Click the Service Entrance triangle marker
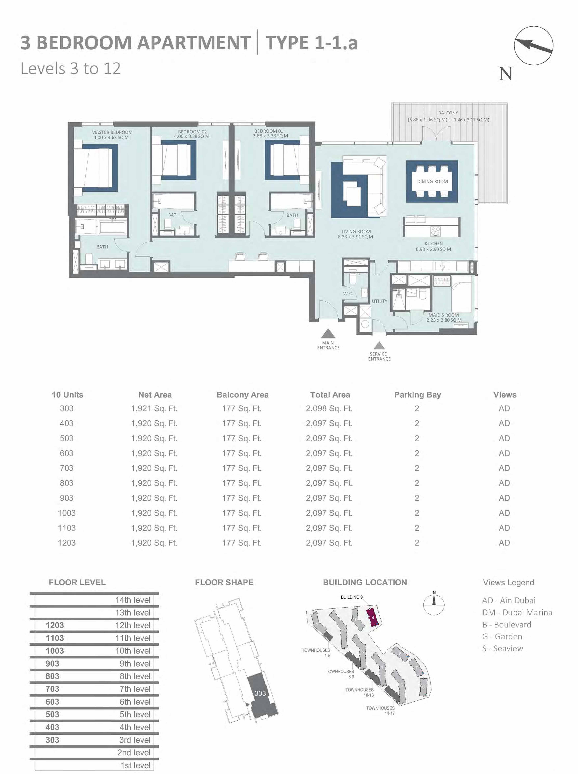coord(379,346)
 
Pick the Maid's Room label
coord(444,315)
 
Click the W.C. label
coord(348,293)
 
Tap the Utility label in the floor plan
coord(379,301)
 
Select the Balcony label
coord(448,113)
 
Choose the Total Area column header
coord(330,395)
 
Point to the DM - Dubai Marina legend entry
coord(517,613)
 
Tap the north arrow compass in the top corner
coord(533,45)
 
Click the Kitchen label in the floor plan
coord(434,244)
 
